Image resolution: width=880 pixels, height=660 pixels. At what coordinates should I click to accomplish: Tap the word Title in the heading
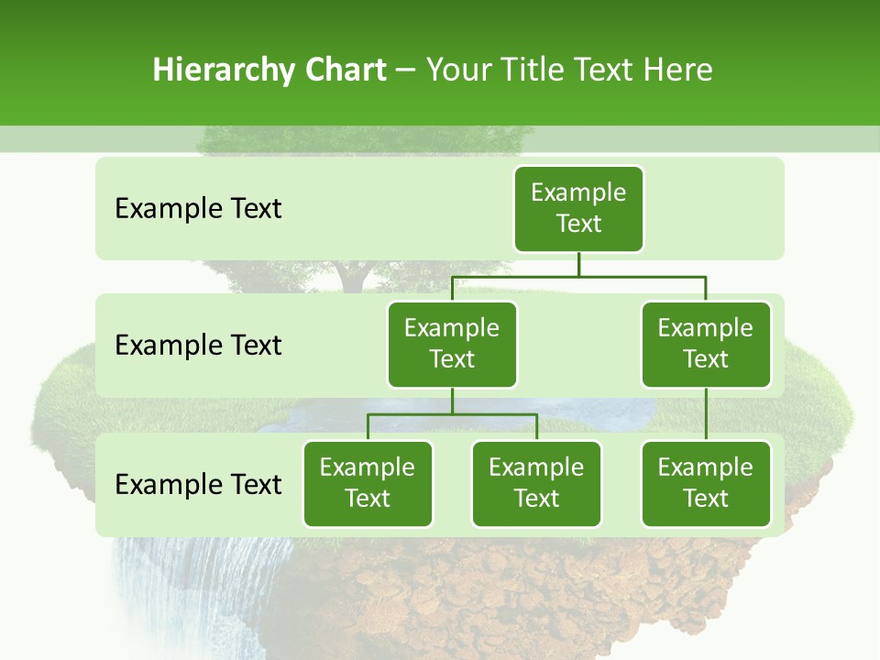click(542, 71)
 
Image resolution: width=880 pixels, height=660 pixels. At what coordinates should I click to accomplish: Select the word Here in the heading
click(677, 71)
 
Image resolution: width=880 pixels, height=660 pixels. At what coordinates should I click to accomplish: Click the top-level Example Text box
click(578, 208)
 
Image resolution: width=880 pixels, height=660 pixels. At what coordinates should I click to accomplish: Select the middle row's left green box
click(452, 344)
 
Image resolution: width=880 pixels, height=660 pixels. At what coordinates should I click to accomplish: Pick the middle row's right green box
click(706, 344)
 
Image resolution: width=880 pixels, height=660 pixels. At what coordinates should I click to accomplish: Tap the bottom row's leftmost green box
click(368, 483)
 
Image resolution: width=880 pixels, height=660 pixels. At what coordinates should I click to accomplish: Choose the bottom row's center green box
click(536, 483)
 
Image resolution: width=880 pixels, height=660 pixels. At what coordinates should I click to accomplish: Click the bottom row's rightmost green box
click(706, 483)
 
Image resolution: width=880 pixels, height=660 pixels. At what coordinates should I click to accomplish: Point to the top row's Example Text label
click(198, 209)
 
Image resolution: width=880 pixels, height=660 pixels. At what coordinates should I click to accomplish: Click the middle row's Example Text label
click(198, 346)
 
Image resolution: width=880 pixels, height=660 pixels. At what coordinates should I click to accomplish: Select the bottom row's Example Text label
click(198, 485)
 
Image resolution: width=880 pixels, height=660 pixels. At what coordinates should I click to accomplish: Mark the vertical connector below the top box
click(578, 264)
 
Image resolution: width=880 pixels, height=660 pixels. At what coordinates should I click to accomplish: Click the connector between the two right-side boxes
click(706, 414)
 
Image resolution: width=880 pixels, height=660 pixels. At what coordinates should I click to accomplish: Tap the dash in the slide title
click(406, 71)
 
